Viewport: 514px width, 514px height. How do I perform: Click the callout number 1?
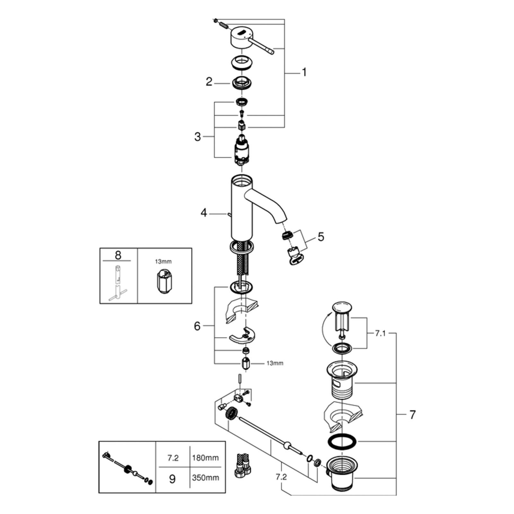point(304,73)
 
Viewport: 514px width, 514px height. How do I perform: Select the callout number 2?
point(209,82)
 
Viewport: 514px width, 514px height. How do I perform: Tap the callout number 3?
point(198,137)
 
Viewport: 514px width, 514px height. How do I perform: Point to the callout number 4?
point(204,213)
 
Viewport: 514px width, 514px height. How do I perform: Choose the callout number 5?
point(321,237)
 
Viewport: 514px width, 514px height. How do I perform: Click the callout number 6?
point(197,326)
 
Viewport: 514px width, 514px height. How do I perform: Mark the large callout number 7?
point(412,415)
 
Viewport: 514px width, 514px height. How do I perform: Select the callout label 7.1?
point(380,333)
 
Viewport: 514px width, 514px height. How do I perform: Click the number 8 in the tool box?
point(118,255)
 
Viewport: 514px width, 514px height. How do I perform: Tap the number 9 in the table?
point(173,479)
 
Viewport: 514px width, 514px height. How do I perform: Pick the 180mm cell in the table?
point(205,457)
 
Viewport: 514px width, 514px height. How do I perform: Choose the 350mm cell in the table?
point(205,478)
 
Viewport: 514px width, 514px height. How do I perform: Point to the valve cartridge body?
point(242,149)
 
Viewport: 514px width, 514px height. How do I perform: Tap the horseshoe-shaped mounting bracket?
point(242,336)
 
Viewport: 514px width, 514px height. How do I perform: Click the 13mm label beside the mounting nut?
point(275,363)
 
